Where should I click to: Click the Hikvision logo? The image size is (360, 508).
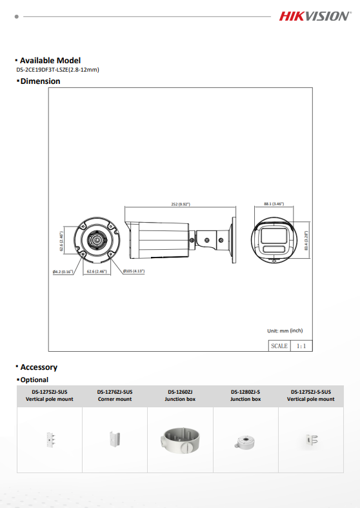pyautogui.click(x=315, y=16)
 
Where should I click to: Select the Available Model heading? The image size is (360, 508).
pyautogui.click(x=50, y=61)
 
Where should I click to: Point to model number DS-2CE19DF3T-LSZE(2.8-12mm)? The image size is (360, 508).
pyautogui.click(x=57, y=70)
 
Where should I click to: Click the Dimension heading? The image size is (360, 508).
pyautogui.click(x=40, y=81)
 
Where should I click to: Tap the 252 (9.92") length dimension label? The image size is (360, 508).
pyautogui.click(x=181, y=204)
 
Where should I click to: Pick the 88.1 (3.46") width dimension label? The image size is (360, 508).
pyautogui.click(x=274, y=204)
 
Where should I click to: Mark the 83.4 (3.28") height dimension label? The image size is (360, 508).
pyautogui.click(x=306, y=240)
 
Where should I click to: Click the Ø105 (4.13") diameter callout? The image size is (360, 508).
pyautogui.click(x=134, y=271)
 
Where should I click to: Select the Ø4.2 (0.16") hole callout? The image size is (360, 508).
pyautogui.click(x=63, y=272)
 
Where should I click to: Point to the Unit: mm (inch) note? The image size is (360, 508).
pyautogui.click(x=285, y=330)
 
